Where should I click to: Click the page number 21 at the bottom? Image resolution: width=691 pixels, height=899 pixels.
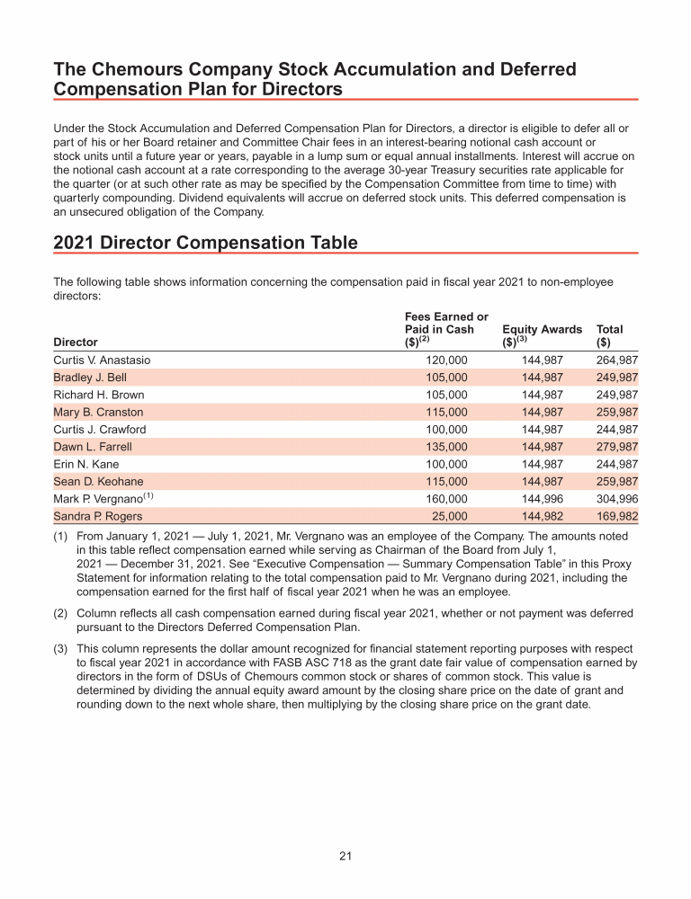(x=345, y=856)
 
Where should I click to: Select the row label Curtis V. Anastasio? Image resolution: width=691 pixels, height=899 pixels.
(x=103, y=360)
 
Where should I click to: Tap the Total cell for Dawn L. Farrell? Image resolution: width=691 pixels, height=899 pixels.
(x=616, y=447)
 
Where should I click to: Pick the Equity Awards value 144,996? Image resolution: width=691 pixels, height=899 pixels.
(x=543, y=499)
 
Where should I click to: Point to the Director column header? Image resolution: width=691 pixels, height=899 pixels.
(x=76, y=343)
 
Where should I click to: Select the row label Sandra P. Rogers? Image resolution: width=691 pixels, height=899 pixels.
(x=97, y=517)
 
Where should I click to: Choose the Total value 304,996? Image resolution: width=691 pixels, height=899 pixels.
(x=616, y=499)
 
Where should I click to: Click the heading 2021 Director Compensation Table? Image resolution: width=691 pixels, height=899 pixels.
(x=206, y=243)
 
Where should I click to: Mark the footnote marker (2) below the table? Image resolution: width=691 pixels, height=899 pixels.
(x=61, y=614)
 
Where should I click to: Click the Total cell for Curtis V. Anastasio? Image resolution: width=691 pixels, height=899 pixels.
(x=616, y=360)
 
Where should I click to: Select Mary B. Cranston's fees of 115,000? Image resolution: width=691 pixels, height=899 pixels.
(x=446, y=413)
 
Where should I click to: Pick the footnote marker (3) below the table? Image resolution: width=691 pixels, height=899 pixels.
(x=61, y=648)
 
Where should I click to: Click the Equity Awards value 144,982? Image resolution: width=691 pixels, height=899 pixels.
(x=543, y=517)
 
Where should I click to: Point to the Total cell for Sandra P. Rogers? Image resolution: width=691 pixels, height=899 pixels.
(x=616, y=517)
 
